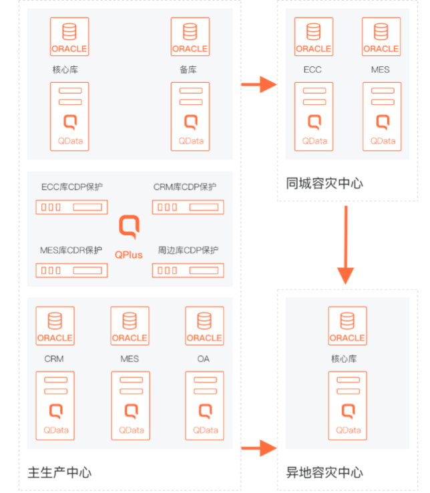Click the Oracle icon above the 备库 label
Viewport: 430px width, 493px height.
click(190, 37)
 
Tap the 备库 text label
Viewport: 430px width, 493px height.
click(188, 69)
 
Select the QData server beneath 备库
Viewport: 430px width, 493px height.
click(190, 116)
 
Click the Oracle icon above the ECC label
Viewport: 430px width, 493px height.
click(312, 37)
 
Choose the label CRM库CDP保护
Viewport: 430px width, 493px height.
click(185, 187)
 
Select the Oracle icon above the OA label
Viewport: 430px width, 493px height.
click(204, 326)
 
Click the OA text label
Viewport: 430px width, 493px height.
click(203, 359)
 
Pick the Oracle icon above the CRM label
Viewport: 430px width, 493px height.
click(55, 326)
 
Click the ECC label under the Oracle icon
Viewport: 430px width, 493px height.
click(312, 69)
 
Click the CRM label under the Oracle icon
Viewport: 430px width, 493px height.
click(54, 359)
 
